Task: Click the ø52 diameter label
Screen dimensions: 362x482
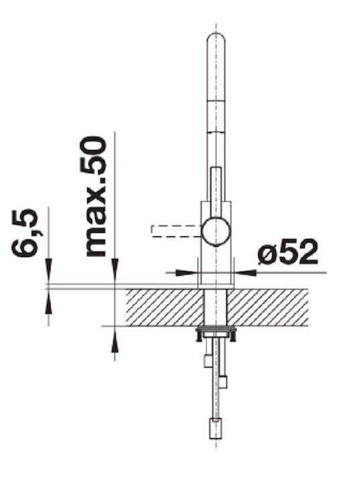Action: pyautogui.click(x=288, y=252)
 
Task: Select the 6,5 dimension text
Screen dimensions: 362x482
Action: pyautogui.click(x=25, y=233)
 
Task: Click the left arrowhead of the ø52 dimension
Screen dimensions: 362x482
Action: pyautogui.click(x=187, y=272)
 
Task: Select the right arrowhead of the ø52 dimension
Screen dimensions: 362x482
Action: pyautogui.click(x=245, y=272)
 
